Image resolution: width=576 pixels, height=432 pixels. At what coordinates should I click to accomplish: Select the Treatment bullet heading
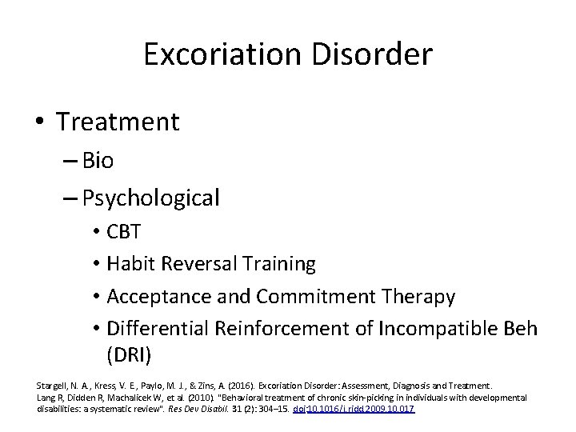click(118, 122)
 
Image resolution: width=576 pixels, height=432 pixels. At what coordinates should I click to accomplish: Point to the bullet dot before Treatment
click(39, 123)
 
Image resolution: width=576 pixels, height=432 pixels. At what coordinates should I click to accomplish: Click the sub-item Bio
click(98, 161)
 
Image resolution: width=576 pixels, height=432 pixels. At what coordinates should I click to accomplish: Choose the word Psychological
click(150, 198)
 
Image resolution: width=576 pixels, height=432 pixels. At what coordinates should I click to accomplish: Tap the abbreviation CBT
click(124, 232)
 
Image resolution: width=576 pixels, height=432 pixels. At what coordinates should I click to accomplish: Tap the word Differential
click(156, 328)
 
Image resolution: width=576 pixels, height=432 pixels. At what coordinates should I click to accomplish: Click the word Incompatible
click(432, 328)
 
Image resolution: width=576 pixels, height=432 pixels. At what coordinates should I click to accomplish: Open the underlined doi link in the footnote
click(363, 410)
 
